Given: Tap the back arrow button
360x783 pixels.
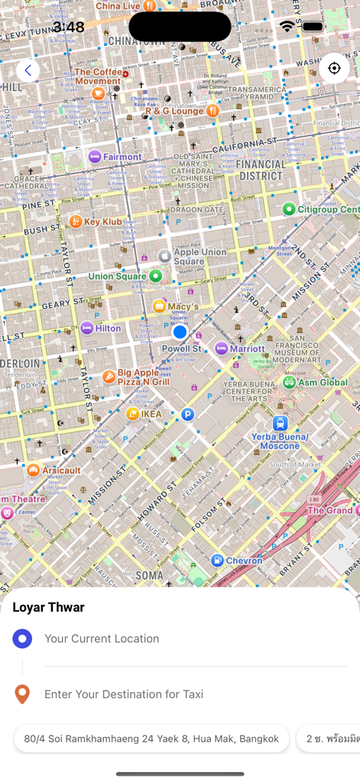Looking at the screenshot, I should pyautogui.click(x=28, y=70).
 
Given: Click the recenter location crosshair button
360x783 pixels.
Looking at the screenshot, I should pyautogui.click(x=334, y=68).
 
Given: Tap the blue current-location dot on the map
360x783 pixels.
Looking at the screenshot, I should pyautogui.click(x=180, y=332).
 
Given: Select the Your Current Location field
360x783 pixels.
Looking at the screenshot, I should pyautogui.click(x=102, y=638).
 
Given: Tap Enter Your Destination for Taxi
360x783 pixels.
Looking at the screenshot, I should pyautogui.click(x=124, y=694).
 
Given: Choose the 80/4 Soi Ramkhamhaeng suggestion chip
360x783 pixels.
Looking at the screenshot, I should pyautogui.click(x=151, y=739).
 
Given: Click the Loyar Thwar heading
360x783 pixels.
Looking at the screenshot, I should pyautogui.click(x=48, y=607).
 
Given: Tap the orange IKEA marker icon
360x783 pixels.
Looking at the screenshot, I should pyautogui.click(x=133, y=414).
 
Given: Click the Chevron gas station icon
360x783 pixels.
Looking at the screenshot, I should pyautogui.click(x=217, y=560).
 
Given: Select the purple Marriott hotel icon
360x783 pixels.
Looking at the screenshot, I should pyautogui.click(x=221, y=349).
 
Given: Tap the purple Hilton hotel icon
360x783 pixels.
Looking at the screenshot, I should pyautogui.click(x=87, y=328).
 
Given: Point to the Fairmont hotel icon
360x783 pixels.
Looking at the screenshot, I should pyautogui.click(x=95, y=157).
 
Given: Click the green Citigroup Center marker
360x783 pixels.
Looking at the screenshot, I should pyautogui.click(x=289, y=209).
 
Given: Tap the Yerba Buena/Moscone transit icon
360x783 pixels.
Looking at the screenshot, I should pyautogui.click(x=281, y=423).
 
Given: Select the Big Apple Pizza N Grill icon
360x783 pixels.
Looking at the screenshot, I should pyautogui.click(x=109, y=376).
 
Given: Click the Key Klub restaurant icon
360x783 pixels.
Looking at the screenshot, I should pyautogui.click(x=76, y=222).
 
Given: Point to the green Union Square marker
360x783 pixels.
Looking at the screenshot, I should pyautogui.click(x=155, y=275).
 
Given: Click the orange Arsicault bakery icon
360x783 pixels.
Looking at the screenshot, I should pyautogui.click(x=34, y=470).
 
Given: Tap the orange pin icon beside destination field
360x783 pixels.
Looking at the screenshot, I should pyautogui.click(x=22, y=694).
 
